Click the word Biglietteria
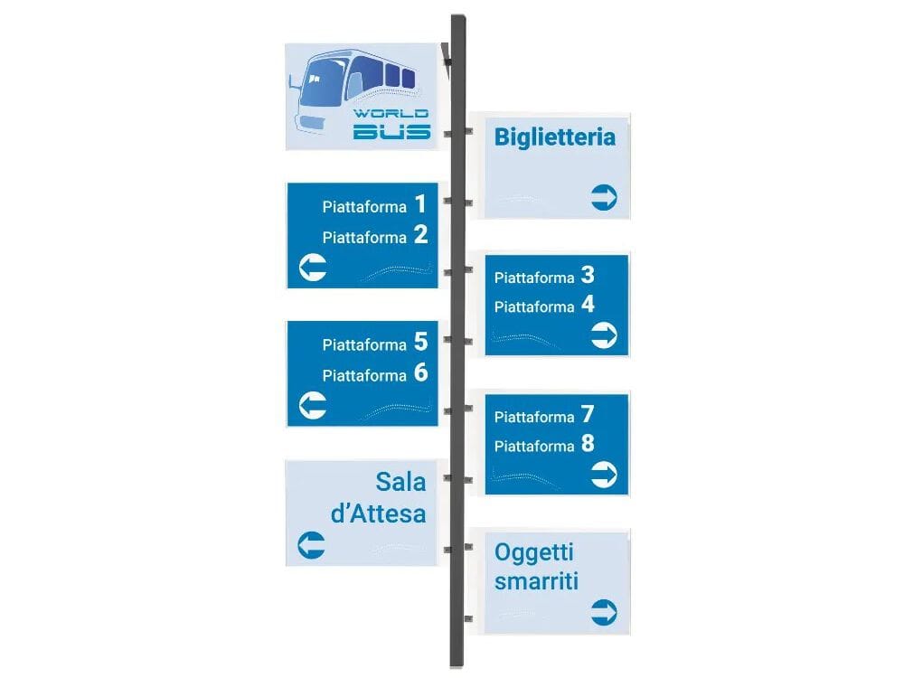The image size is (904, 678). tap(554, 137)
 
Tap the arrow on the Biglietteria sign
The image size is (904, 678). tap(604, 197)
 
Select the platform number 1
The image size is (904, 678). tap(419, 204)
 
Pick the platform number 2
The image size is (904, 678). tap(420, 236)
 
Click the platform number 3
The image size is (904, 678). tap(588, 275)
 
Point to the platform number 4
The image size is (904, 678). tap(588, 305)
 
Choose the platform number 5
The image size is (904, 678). tap(420, 342)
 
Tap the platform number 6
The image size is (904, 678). tap(420, 372)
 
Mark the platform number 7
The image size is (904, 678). tap(588, 414)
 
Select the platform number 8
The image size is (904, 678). tap(588, 444)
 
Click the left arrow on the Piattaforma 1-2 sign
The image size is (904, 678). tap(313, 268)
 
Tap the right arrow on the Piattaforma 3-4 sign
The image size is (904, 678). tap(604, 336)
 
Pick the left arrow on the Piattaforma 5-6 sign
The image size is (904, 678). tap(313, 405)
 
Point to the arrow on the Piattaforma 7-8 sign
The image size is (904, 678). tap(604, 474)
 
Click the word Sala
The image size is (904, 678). tap(400, 481)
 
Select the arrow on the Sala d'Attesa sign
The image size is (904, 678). tap(311, 545)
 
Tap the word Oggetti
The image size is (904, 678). tap(534, 551)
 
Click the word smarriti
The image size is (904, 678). tap(536, 580)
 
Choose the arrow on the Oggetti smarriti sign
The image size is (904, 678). tap(604, 611)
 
